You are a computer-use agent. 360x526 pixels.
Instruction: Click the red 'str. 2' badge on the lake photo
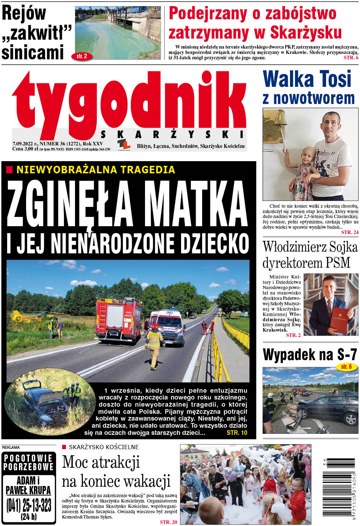pyautogui.click(x=82, y=56)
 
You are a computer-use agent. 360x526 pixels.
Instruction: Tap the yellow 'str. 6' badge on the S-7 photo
pyautogui.click(x=346, y=367)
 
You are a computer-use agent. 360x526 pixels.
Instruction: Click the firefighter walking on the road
pyautogui.click(x=155, y=346)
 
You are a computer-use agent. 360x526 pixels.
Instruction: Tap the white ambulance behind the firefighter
pyautogui.click(x=168, y=326)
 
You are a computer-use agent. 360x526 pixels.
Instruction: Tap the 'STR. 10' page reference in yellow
pyautogui.click(x=237, y=433)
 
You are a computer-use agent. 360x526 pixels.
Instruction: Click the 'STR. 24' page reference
pyautogui.click(x=349, y=232)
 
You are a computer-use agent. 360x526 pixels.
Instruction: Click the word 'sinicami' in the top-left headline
pyautogui.click(x=33, y=52)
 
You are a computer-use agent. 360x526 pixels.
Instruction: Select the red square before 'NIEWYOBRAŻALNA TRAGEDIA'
pyautogui.click(x=9, y=170)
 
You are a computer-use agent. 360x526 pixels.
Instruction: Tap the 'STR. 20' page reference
pyautogui.click(x=168, y=522)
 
